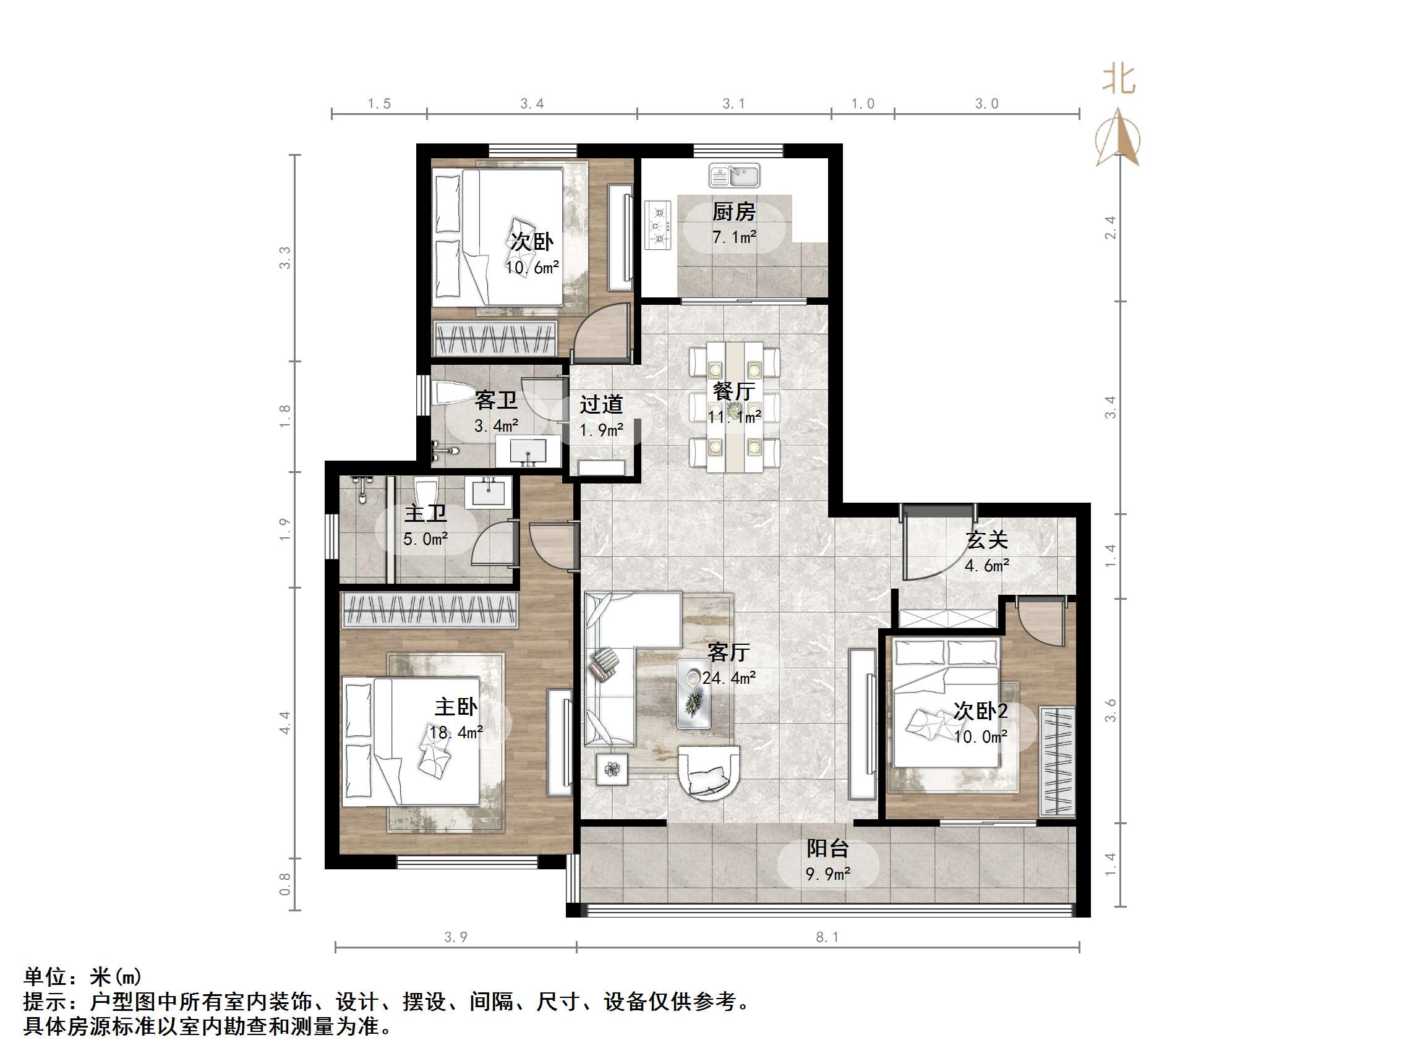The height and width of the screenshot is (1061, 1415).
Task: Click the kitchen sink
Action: (734, 175)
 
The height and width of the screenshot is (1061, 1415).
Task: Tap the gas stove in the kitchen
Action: (658, 225)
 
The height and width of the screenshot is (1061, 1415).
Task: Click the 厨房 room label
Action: (733, 211)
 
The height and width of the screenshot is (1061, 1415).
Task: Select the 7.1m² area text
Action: (733, 237)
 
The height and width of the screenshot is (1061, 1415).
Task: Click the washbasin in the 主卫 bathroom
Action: (489, 493)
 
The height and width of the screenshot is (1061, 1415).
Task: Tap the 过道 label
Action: (601, 404)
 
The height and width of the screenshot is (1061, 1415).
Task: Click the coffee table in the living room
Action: (693, 693)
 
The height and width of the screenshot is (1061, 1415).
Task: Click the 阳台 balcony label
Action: (827, 848)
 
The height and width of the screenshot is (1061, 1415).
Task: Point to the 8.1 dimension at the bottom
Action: (826, 937)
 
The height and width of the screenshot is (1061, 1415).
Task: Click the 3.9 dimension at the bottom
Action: (455, 937)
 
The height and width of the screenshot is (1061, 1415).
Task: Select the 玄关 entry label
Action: (987, 540)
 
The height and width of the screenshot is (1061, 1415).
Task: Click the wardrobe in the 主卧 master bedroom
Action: (429, 610)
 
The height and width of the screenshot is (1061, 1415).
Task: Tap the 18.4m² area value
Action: (455, 732)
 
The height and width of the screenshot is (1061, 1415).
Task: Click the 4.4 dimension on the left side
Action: (284, 722)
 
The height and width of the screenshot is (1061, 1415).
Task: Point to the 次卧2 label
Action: (980, 710)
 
